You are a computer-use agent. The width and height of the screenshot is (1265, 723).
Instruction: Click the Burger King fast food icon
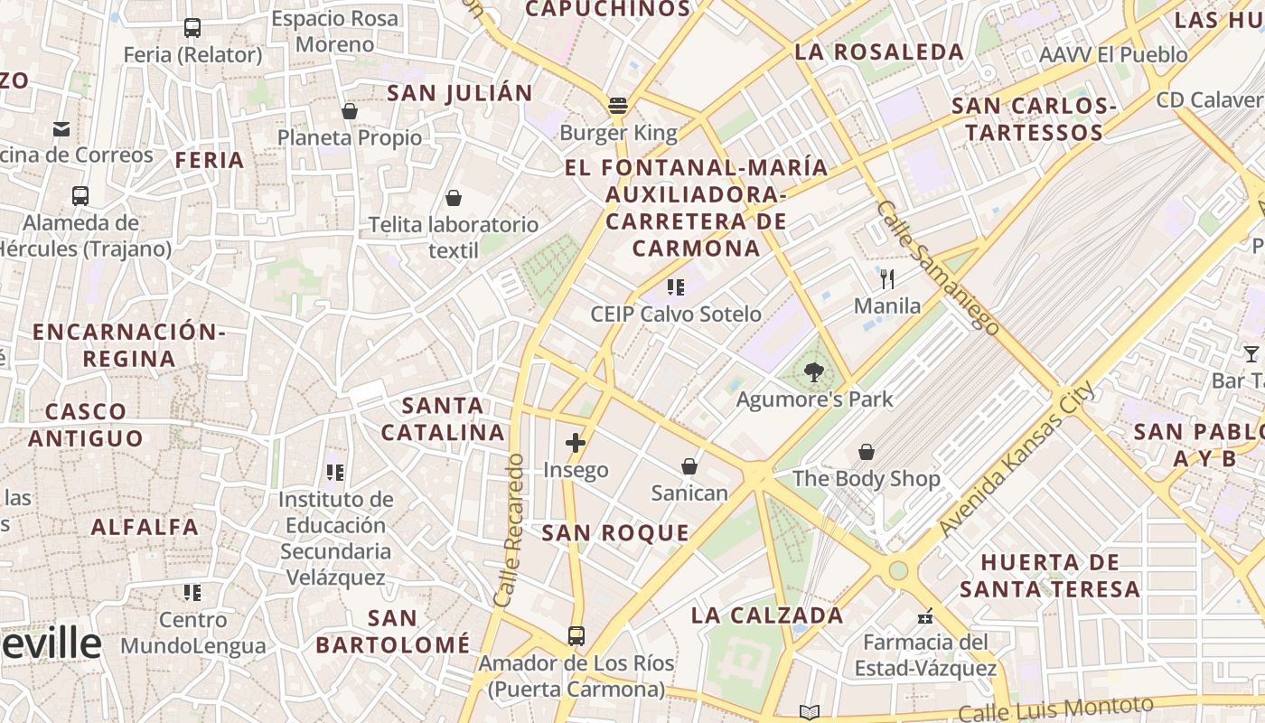tap(618, 106)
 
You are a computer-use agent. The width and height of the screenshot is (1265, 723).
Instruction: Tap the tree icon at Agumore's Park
tap(814, 371)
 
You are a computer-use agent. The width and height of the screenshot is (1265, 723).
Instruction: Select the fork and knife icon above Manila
tap(887, 278)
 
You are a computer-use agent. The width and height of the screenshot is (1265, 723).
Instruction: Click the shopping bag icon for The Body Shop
tap(867, 451)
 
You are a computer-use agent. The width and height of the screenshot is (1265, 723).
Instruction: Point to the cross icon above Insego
tap(576, 443)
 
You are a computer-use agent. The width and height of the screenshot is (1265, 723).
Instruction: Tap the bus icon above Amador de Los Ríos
tap(576, 635)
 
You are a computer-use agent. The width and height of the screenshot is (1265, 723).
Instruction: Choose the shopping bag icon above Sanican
tap(689, 466)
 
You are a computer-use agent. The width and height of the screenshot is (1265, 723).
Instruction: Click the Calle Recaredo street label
tap(510, 530)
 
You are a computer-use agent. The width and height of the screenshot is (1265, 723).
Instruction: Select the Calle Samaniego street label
tap(938, 268)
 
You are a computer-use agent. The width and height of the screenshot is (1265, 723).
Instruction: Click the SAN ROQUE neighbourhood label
tap(615, 533)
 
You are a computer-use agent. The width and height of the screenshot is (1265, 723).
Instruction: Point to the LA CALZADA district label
tap(767, 616)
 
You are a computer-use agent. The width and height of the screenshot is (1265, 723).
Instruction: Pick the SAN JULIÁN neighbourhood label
tap(460, 93)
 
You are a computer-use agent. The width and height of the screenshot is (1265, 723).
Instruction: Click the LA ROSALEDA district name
tap(879, 52)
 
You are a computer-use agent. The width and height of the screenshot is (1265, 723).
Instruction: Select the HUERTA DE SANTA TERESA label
tap(1050, 576)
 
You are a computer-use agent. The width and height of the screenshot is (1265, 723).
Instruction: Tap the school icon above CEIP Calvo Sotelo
tap(675, 287)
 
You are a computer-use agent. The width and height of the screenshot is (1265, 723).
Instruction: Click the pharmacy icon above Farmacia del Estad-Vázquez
tap(925, 616)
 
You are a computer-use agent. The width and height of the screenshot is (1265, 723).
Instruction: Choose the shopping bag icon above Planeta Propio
tap(350, 111)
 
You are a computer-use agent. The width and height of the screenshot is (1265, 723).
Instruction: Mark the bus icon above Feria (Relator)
tap(192, 28)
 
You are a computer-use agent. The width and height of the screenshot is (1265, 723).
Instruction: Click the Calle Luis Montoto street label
tap(1055, 709)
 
